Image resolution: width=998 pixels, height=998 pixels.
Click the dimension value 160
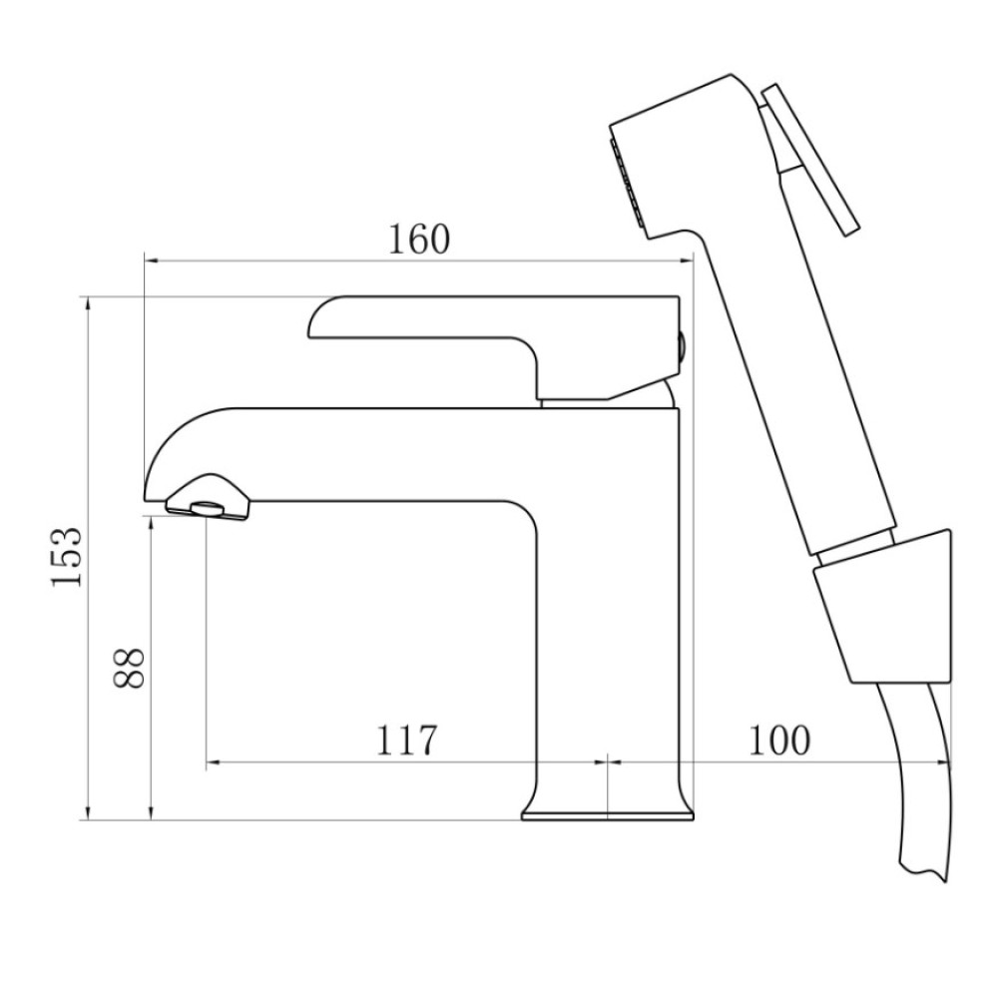[x=419, y=240]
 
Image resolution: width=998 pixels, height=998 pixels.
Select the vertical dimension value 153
[x=67, y=557]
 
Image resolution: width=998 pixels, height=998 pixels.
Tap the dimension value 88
[x=129, y=668]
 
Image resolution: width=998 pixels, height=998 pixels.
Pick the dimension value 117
[x=407, y=740]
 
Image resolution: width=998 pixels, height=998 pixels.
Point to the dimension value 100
[x=779, y=740]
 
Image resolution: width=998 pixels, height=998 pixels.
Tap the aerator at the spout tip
[x=208, y=509]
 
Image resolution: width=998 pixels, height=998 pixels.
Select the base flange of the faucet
[x=608, y=815]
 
